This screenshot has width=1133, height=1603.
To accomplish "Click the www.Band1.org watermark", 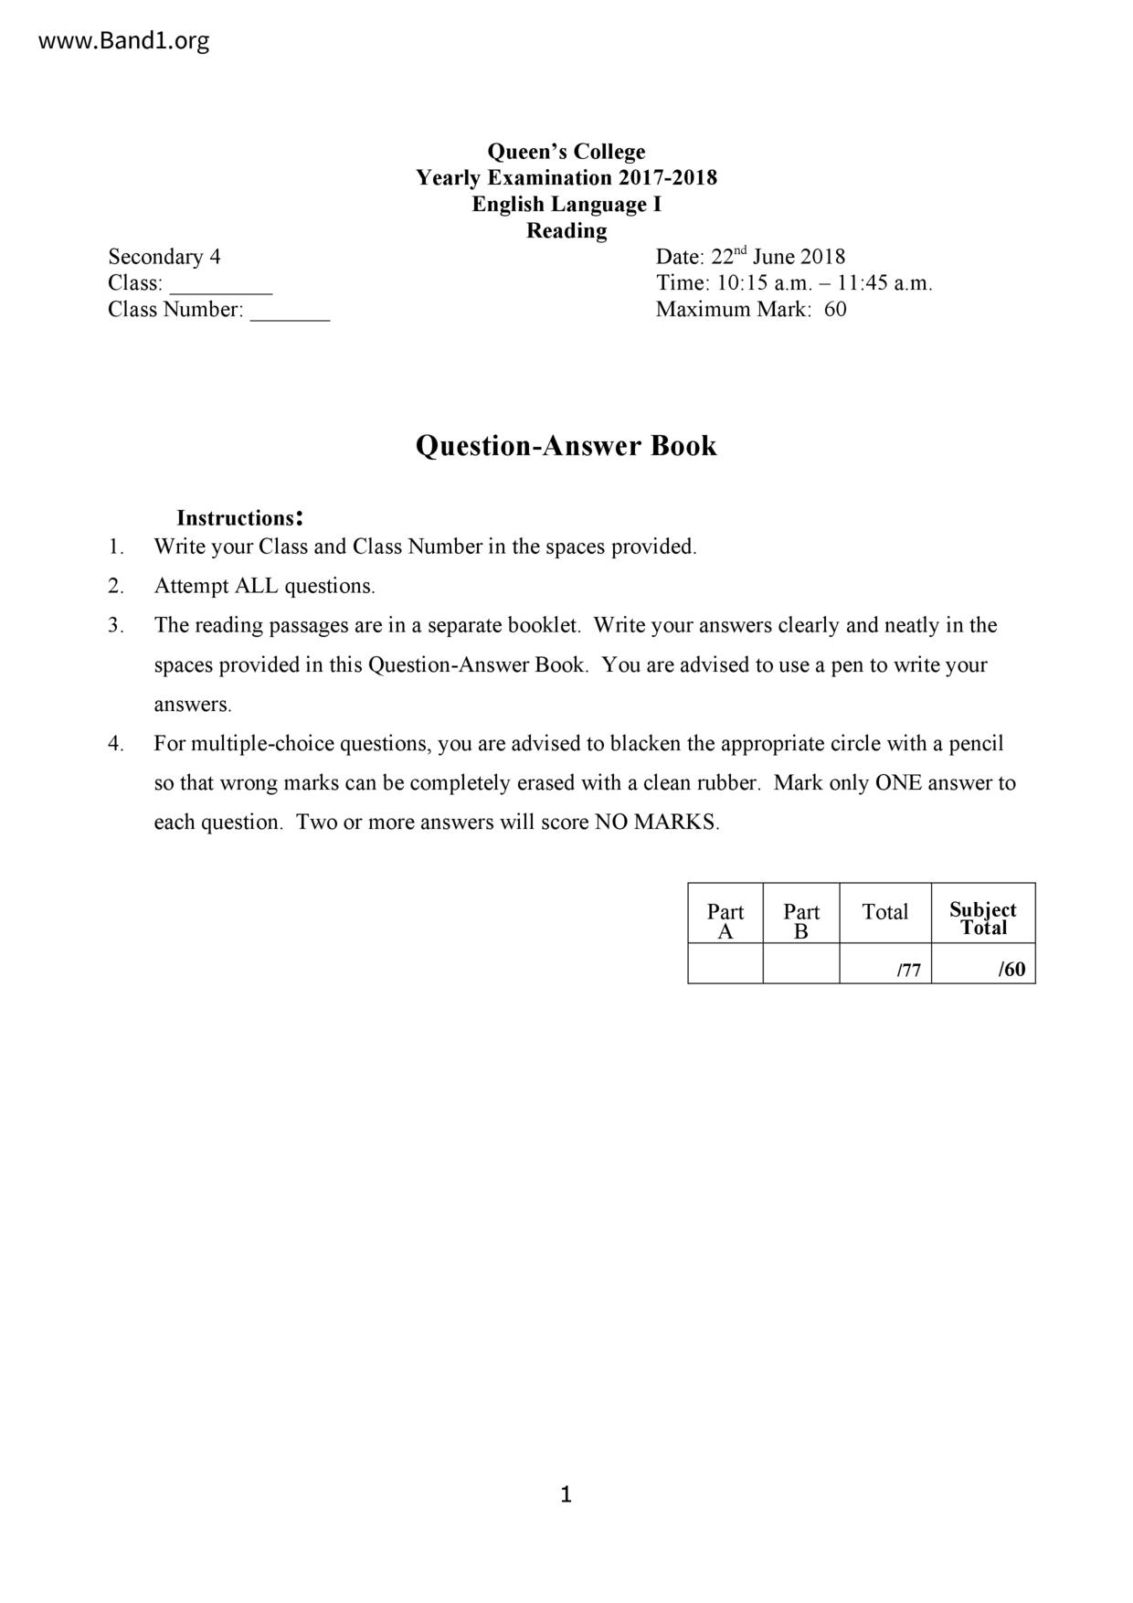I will (x=124, y=41).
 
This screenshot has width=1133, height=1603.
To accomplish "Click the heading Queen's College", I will (x=566, y=152).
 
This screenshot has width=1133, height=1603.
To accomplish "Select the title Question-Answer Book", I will (x=566, y=446).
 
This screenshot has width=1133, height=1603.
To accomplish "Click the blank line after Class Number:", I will (x=290, y=312).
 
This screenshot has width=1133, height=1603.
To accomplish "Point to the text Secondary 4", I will (x=164, y=257).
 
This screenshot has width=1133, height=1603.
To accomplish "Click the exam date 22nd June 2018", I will (x=778, y=257).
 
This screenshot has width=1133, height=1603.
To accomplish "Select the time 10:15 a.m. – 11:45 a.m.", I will (x=821, y=283).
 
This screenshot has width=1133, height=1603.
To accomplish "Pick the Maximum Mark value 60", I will (x=835, y=310).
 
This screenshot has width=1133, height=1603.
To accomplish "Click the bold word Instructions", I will (x=236, y=518).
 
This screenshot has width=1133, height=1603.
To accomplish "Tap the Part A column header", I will (x=725, y=920).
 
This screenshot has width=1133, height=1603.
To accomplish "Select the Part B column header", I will (x=801, y=920).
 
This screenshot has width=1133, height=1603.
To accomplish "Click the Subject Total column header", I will (x=983, y=918).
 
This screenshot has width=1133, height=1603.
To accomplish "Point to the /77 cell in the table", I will (x=908, y=971).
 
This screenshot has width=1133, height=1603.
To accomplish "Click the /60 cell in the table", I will (x=1011, y=970).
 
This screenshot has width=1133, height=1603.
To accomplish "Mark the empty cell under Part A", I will (x=725, y=964).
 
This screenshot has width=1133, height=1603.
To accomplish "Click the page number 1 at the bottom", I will (x=566, y=1495).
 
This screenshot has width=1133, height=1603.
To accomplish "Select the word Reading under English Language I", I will (x=566, y=231).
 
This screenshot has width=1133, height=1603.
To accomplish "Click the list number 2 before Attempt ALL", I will (x=115, y=587).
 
